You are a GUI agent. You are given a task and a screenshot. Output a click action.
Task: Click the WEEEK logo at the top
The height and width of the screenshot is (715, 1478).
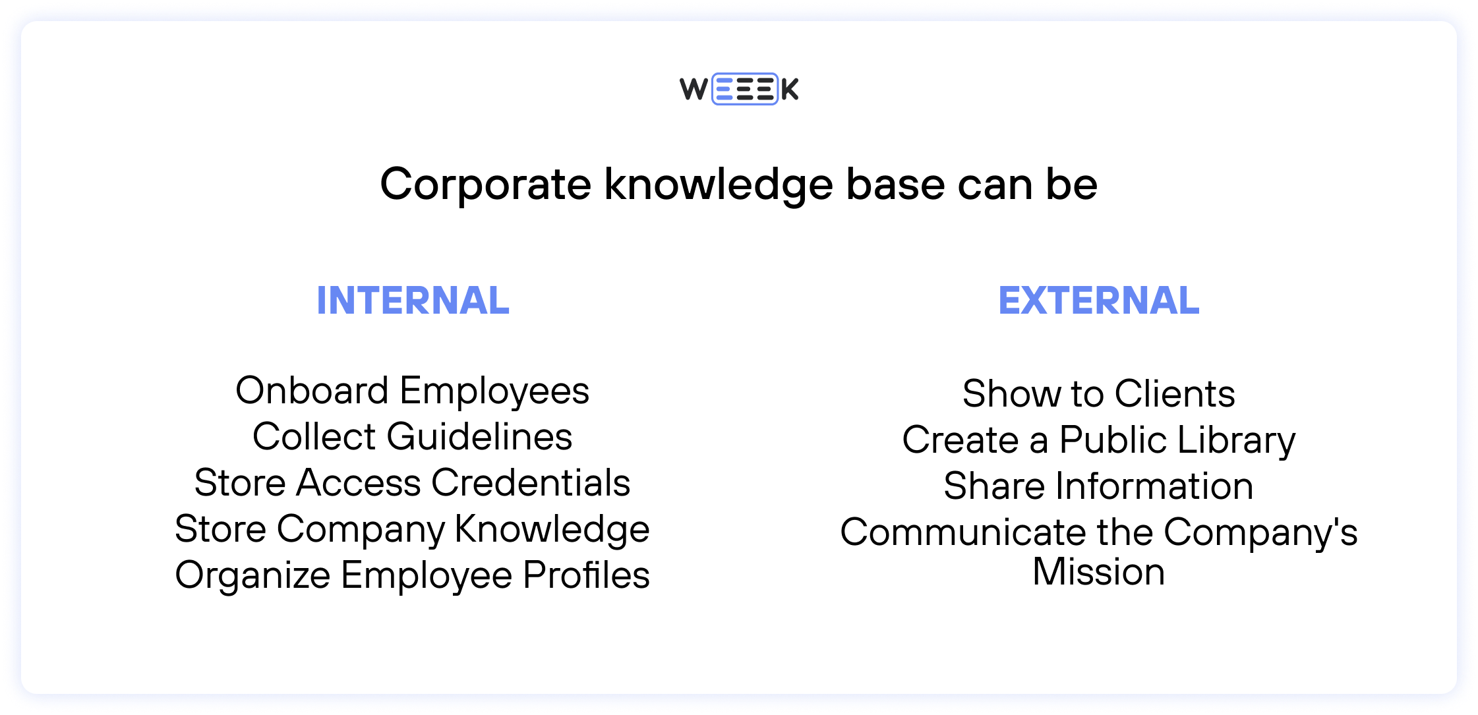tap(739, 89)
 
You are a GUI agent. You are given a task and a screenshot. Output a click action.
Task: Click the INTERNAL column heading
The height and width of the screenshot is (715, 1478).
tap(413, 300)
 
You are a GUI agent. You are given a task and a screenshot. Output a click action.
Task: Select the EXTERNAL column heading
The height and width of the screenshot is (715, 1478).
tap(1099, 300)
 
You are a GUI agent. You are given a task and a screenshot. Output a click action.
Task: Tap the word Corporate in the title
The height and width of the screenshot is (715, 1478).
tap(485, 184)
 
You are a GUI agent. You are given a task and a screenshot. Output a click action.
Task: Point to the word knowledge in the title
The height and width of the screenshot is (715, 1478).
tap(719, 185)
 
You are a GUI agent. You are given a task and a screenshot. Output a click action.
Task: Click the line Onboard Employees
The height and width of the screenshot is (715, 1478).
tap(413, 391)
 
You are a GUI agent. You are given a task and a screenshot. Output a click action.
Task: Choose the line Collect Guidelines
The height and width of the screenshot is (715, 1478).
tap(413, 436)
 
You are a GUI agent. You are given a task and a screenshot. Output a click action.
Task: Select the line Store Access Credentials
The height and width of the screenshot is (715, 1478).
tap(413, 482)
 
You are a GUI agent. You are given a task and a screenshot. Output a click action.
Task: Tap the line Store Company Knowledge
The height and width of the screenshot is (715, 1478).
tap(413, 529)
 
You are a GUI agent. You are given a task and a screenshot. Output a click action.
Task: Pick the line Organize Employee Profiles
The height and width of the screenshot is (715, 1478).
tap(413, 575)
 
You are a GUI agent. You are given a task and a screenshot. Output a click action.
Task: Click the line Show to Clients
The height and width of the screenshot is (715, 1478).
tap(1099, 393)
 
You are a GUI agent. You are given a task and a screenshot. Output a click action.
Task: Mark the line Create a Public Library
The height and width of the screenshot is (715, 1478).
tap(1099, 440)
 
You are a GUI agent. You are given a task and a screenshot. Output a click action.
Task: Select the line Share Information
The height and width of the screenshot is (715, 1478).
tap(1099, 486)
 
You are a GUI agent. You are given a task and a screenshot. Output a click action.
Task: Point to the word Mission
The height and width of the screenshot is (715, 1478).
tap(1099, 571)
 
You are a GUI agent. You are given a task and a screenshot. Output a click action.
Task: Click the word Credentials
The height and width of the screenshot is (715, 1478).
tap(531, 482)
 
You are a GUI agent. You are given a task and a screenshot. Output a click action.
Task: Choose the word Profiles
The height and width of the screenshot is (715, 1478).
tap(586, 575)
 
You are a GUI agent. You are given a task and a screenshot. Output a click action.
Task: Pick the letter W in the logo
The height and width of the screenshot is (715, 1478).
tap(694, 89)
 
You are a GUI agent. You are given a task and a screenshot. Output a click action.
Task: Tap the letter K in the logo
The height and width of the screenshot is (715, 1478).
tap(790, 90)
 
